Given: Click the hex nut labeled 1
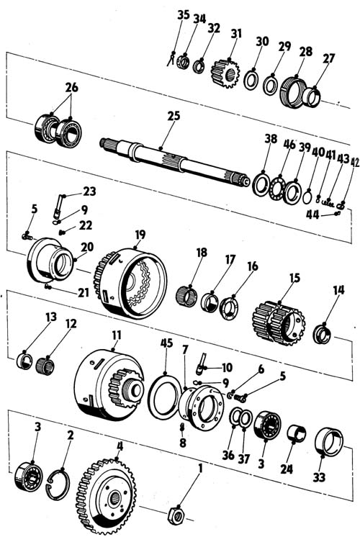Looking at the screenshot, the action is point(176,514).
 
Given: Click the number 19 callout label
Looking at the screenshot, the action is point(140,235).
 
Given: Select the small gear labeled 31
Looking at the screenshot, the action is point(225,73).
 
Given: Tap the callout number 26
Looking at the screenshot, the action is point(72,88).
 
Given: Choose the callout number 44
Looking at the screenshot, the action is point(312,215).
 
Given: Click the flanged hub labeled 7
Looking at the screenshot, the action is point(202,407).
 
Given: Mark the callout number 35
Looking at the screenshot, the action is point(184,15).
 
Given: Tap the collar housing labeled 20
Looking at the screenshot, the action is point(50,260).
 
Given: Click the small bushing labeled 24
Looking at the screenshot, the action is point(297,433).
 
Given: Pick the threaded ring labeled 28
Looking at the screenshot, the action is point(293,91).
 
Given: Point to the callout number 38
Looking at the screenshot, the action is point(271,139).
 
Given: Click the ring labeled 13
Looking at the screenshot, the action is point(24,361).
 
